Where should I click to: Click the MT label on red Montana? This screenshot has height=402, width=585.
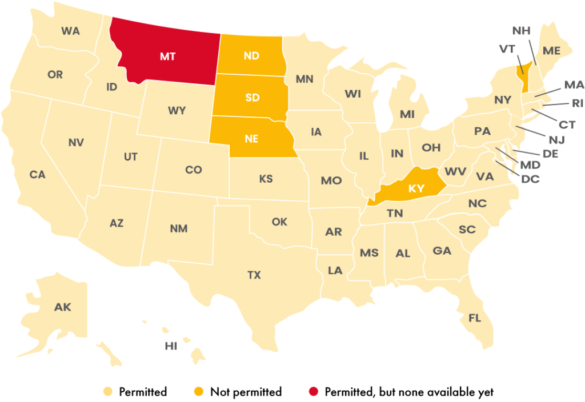[167, 57]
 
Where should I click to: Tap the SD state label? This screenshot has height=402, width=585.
[253, 97]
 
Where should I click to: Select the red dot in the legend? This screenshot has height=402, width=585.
[313, 392]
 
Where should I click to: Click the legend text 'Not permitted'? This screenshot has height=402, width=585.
[246, 392]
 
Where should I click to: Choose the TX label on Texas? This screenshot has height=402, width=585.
[254, 275]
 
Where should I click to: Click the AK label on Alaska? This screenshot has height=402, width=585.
[63, 307]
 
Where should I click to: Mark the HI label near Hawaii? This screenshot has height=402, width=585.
[171, 346]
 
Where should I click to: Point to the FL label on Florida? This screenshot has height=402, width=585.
[475, 318]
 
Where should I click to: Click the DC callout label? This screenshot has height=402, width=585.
[530, 179]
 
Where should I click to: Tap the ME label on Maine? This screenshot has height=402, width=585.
[551, 50]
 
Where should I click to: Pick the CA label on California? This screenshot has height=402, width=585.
[38, 175]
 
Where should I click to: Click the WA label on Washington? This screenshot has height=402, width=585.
[71, 31]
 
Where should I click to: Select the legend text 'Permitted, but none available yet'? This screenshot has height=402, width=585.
[409, 392]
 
